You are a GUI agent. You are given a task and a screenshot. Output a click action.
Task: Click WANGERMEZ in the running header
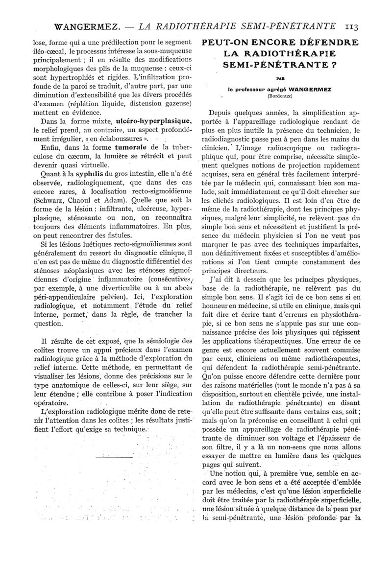pyautogui.click(x=81, y=26)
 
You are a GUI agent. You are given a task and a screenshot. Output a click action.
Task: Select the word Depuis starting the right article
pyautogui.click(x=222, y=112)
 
